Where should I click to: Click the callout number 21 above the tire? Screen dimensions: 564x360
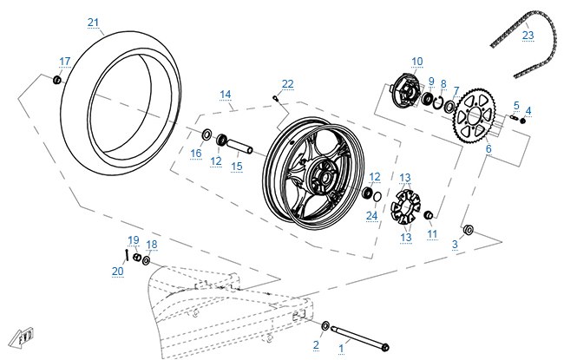(93, 23)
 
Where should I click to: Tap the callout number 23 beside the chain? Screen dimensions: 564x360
(528, 36)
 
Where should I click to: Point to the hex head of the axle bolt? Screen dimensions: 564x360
(384, 348)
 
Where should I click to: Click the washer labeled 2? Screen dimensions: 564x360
(325, 326)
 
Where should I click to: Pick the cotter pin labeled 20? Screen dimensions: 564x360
(127, 255)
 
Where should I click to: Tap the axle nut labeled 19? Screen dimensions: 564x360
(137, 257)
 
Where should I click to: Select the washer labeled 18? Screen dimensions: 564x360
(146, 260)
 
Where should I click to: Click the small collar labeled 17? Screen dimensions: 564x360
(56, 80)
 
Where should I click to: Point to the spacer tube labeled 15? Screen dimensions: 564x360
(239, 146)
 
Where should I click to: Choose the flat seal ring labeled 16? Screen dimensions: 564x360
(207, 134)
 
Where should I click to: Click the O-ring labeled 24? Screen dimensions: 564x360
(377, 197)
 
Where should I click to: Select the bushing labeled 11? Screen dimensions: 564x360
(429, 215)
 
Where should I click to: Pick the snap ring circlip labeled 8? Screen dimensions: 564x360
(438, 101)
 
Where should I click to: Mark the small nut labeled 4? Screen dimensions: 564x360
(523, 121)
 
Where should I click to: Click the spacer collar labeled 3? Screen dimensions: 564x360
(468, 230)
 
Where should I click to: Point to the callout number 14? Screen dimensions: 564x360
(226, 95)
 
